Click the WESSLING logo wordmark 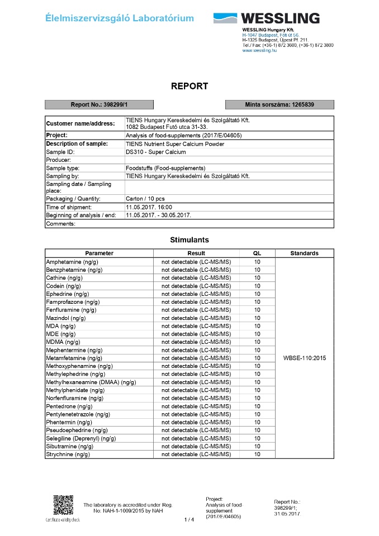tap(281, 18)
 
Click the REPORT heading tap(190, 86)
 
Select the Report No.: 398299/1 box tap(99, 104)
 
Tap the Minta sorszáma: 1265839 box tap(279, 104)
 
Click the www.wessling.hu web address tap(259, 50)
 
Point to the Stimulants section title tap(190, 240)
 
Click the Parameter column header tap(100, 253)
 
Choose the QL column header tap(257, 253)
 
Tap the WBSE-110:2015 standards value tap(305, 358)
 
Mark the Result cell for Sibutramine tap(196, 447)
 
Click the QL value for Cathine tap(257, 277)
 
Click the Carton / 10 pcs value tap(145, 199)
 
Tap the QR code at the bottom tap(63, 505)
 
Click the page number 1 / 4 tap(190, 520)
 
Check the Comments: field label tap(60, 223)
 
